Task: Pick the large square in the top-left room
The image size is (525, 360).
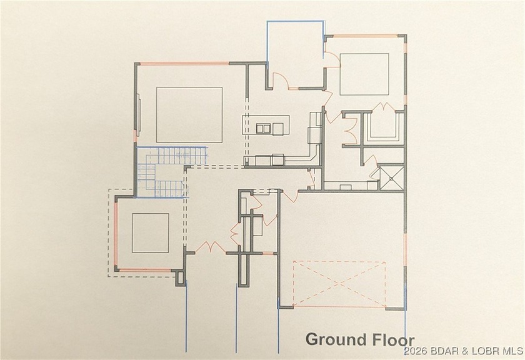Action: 189,114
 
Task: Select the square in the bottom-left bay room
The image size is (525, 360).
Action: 150,232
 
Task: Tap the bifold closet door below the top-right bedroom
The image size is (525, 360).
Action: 349,129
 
